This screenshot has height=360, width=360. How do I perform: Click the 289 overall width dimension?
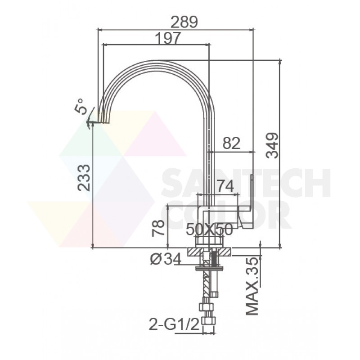(x=184, y=22)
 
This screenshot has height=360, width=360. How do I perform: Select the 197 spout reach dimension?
(x=168, y=38)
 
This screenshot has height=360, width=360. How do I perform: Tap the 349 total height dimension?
(x=272, y=145)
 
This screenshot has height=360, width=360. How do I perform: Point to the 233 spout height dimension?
(x=84, y=178)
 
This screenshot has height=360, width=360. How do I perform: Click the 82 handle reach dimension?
(x=231, y=143)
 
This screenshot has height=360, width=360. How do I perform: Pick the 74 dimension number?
(x=225, y=186)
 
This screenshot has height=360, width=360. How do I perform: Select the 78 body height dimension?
(x=158, y=228)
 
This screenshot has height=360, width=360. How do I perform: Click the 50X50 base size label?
(x=209, y=229)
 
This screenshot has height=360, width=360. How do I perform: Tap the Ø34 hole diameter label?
(x=166, y=259)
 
